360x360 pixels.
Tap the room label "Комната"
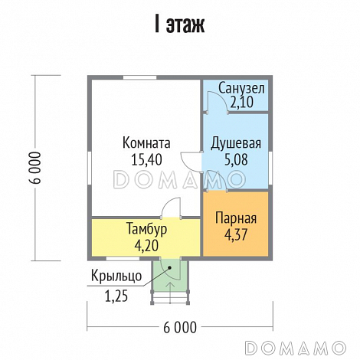pyautogui.click(x=146, y=142)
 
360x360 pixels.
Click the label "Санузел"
pyautogui.click(x=241, y=88)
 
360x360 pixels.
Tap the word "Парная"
pyautogui.click(x=235, y=218)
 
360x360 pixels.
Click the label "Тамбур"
pyautogui.click(x=146, y=229)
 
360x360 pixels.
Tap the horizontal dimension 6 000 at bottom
pyautogui.click(x=180, y=327)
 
